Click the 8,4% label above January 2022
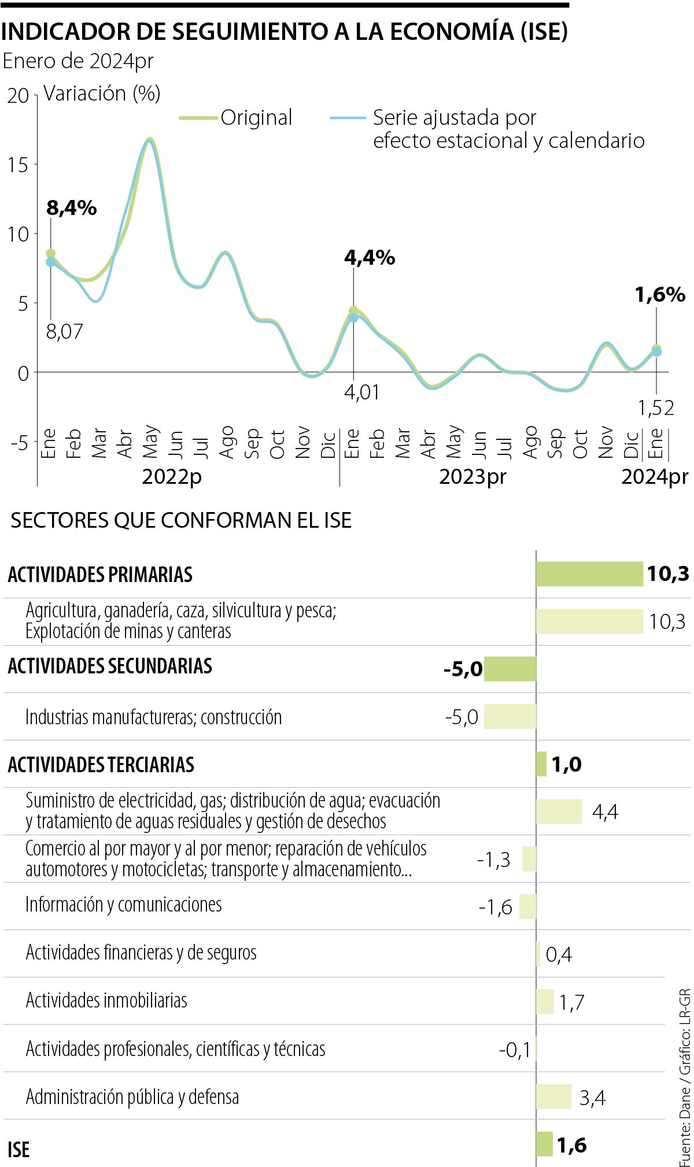tap(71, 208)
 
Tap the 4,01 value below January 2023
tap(362, 392)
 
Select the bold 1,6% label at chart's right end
tap(660, 295)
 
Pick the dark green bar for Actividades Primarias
tap(589, 574)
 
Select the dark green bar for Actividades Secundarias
tap(510, 669)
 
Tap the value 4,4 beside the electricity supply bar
tap(605, 812)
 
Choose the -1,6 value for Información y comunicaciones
tap(496, 907)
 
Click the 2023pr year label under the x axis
tap(472, 477)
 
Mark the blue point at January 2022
tap(51, 262)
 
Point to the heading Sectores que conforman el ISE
tap(181, 520)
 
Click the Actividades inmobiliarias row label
tap(106, 1001)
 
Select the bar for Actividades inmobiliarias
tap(545, 1002)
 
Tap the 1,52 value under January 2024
tap(656, 408)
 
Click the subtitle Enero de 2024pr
tap(78, 61)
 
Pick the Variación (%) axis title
tap(102, 93)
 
